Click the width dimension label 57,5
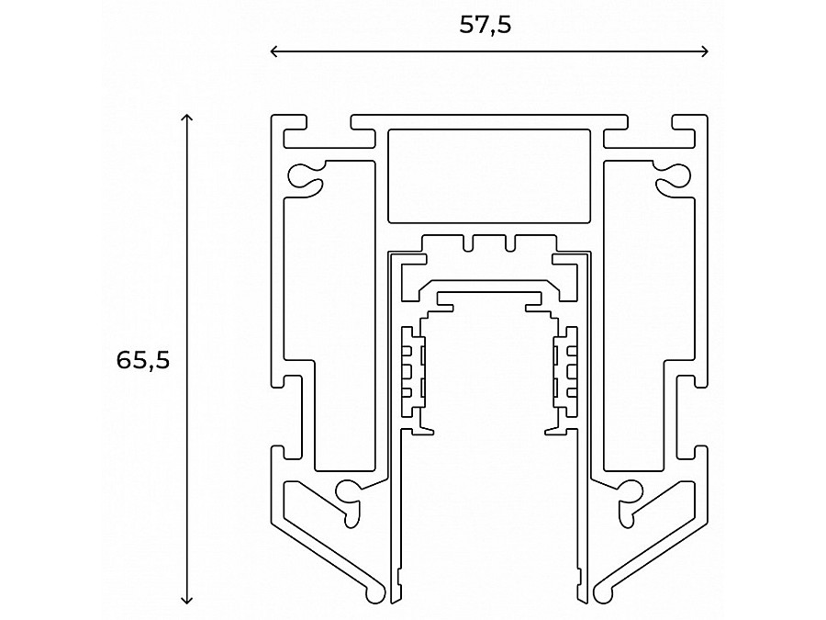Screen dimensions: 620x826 coord(485,26)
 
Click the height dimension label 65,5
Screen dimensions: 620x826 coord(143,360)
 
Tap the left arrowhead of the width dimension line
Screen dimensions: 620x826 coord(273,51)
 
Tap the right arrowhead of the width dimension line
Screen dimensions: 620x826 coord(706,51)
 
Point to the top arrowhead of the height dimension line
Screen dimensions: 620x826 coord(187,118)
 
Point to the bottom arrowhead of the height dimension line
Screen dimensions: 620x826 coord(187,601)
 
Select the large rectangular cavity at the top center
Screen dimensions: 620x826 coord(488,175)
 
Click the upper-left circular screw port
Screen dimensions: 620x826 coord(300,174)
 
